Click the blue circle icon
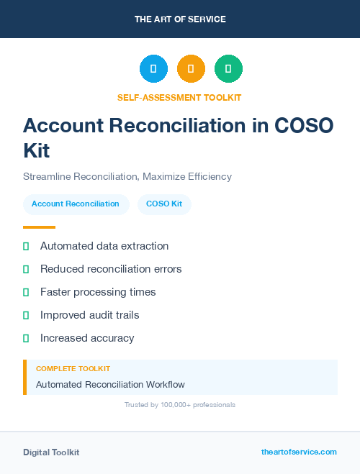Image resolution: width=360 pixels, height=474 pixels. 153,68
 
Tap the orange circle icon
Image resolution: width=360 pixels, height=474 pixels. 191,68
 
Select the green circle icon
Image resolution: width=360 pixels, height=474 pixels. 228,68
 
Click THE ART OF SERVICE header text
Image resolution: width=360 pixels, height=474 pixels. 180,19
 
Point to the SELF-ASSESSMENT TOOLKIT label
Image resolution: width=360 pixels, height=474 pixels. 179,97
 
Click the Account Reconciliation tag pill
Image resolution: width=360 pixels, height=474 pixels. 76,204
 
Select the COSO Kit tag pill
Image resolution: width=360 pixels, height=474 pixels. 164,204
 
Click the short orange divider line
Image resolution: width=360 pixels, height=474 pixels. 39,227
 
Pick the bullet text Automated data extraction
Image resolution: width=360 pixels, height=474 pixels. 104,246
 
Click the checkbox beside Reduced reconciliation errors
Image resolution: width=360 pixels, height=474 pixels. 26,269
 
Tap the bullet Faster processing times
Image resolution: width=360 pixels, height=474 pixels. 98,292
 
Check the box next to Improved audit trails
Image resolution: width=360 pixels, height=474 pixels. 26,315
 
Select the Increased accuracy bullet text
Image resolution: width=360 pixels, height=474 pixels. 87,338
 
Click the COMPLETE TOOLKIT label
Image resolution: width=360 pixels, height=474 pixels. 73,369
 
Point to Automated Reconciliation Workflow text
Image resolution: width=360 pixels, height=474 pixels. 110,385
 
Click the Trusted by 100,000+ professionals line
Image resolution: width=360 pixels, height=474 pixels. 180,405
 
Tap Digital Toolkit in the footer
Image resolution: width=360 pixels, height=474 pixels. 51,452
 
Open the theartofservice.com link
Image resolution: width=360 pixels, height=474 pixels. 299,452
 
